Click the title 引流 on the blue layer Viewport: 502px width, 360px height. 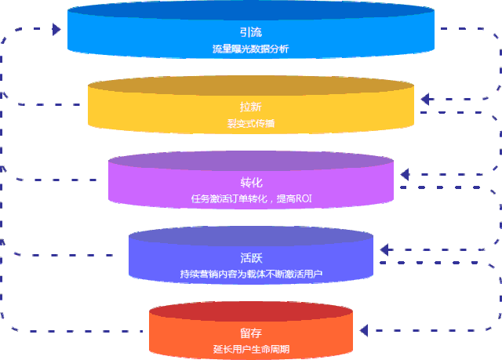click(250, 32)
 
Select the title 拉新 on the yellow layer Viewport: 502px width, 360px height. click(250, 107)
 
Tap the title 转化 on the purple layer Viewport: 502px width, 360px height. click(250, 182)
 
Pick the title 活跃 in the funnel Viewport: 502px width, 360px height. click(250, 257)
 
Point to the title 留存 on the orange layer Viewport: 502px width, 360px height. click(250, 333)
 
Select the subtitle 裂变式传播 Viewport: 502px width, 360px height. click(250, 123)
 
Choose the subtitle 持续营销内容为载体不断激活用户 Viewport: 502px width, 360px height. click(250, 274)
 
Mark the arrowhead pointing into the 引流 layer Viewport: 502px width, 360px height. click(56, 29)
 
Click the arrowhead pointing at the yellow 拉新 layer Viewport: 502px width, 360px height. click(424, 100)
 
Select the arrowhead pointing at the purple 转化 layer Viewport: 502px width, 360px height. click(405, 174)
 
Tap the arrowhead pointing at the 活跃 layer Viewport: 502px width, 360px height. click(384, 249)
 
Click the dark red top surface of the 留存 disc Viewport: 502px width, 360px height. click(250, 311)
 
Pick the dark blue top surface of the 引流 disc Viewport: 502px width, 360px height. click(250, 12)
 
